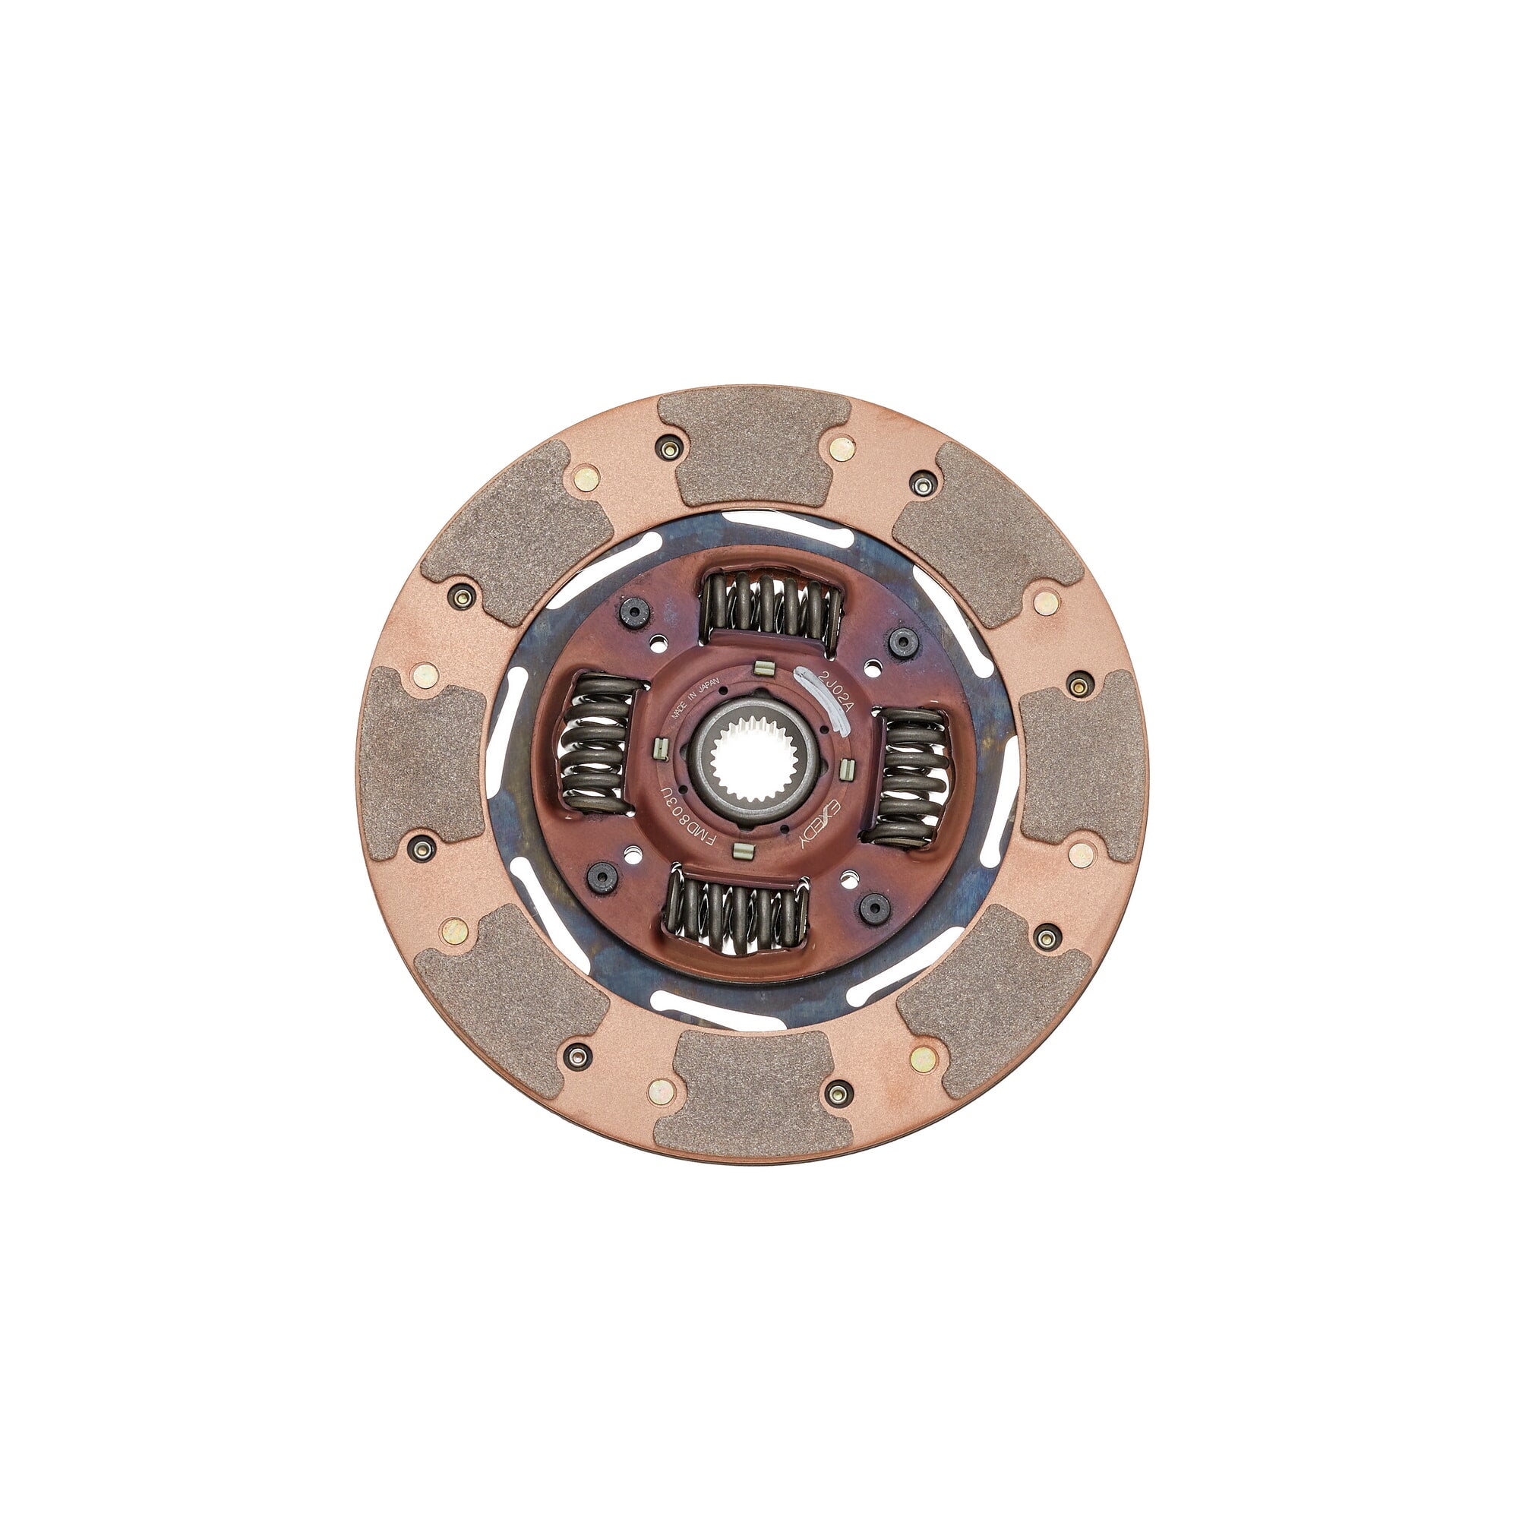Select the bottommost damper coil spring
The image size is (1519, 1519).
pyautogui.click(x=736, y=914)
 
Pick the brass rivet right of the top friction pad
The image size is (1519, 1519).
pyautogui.click(x=842, y=449)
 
